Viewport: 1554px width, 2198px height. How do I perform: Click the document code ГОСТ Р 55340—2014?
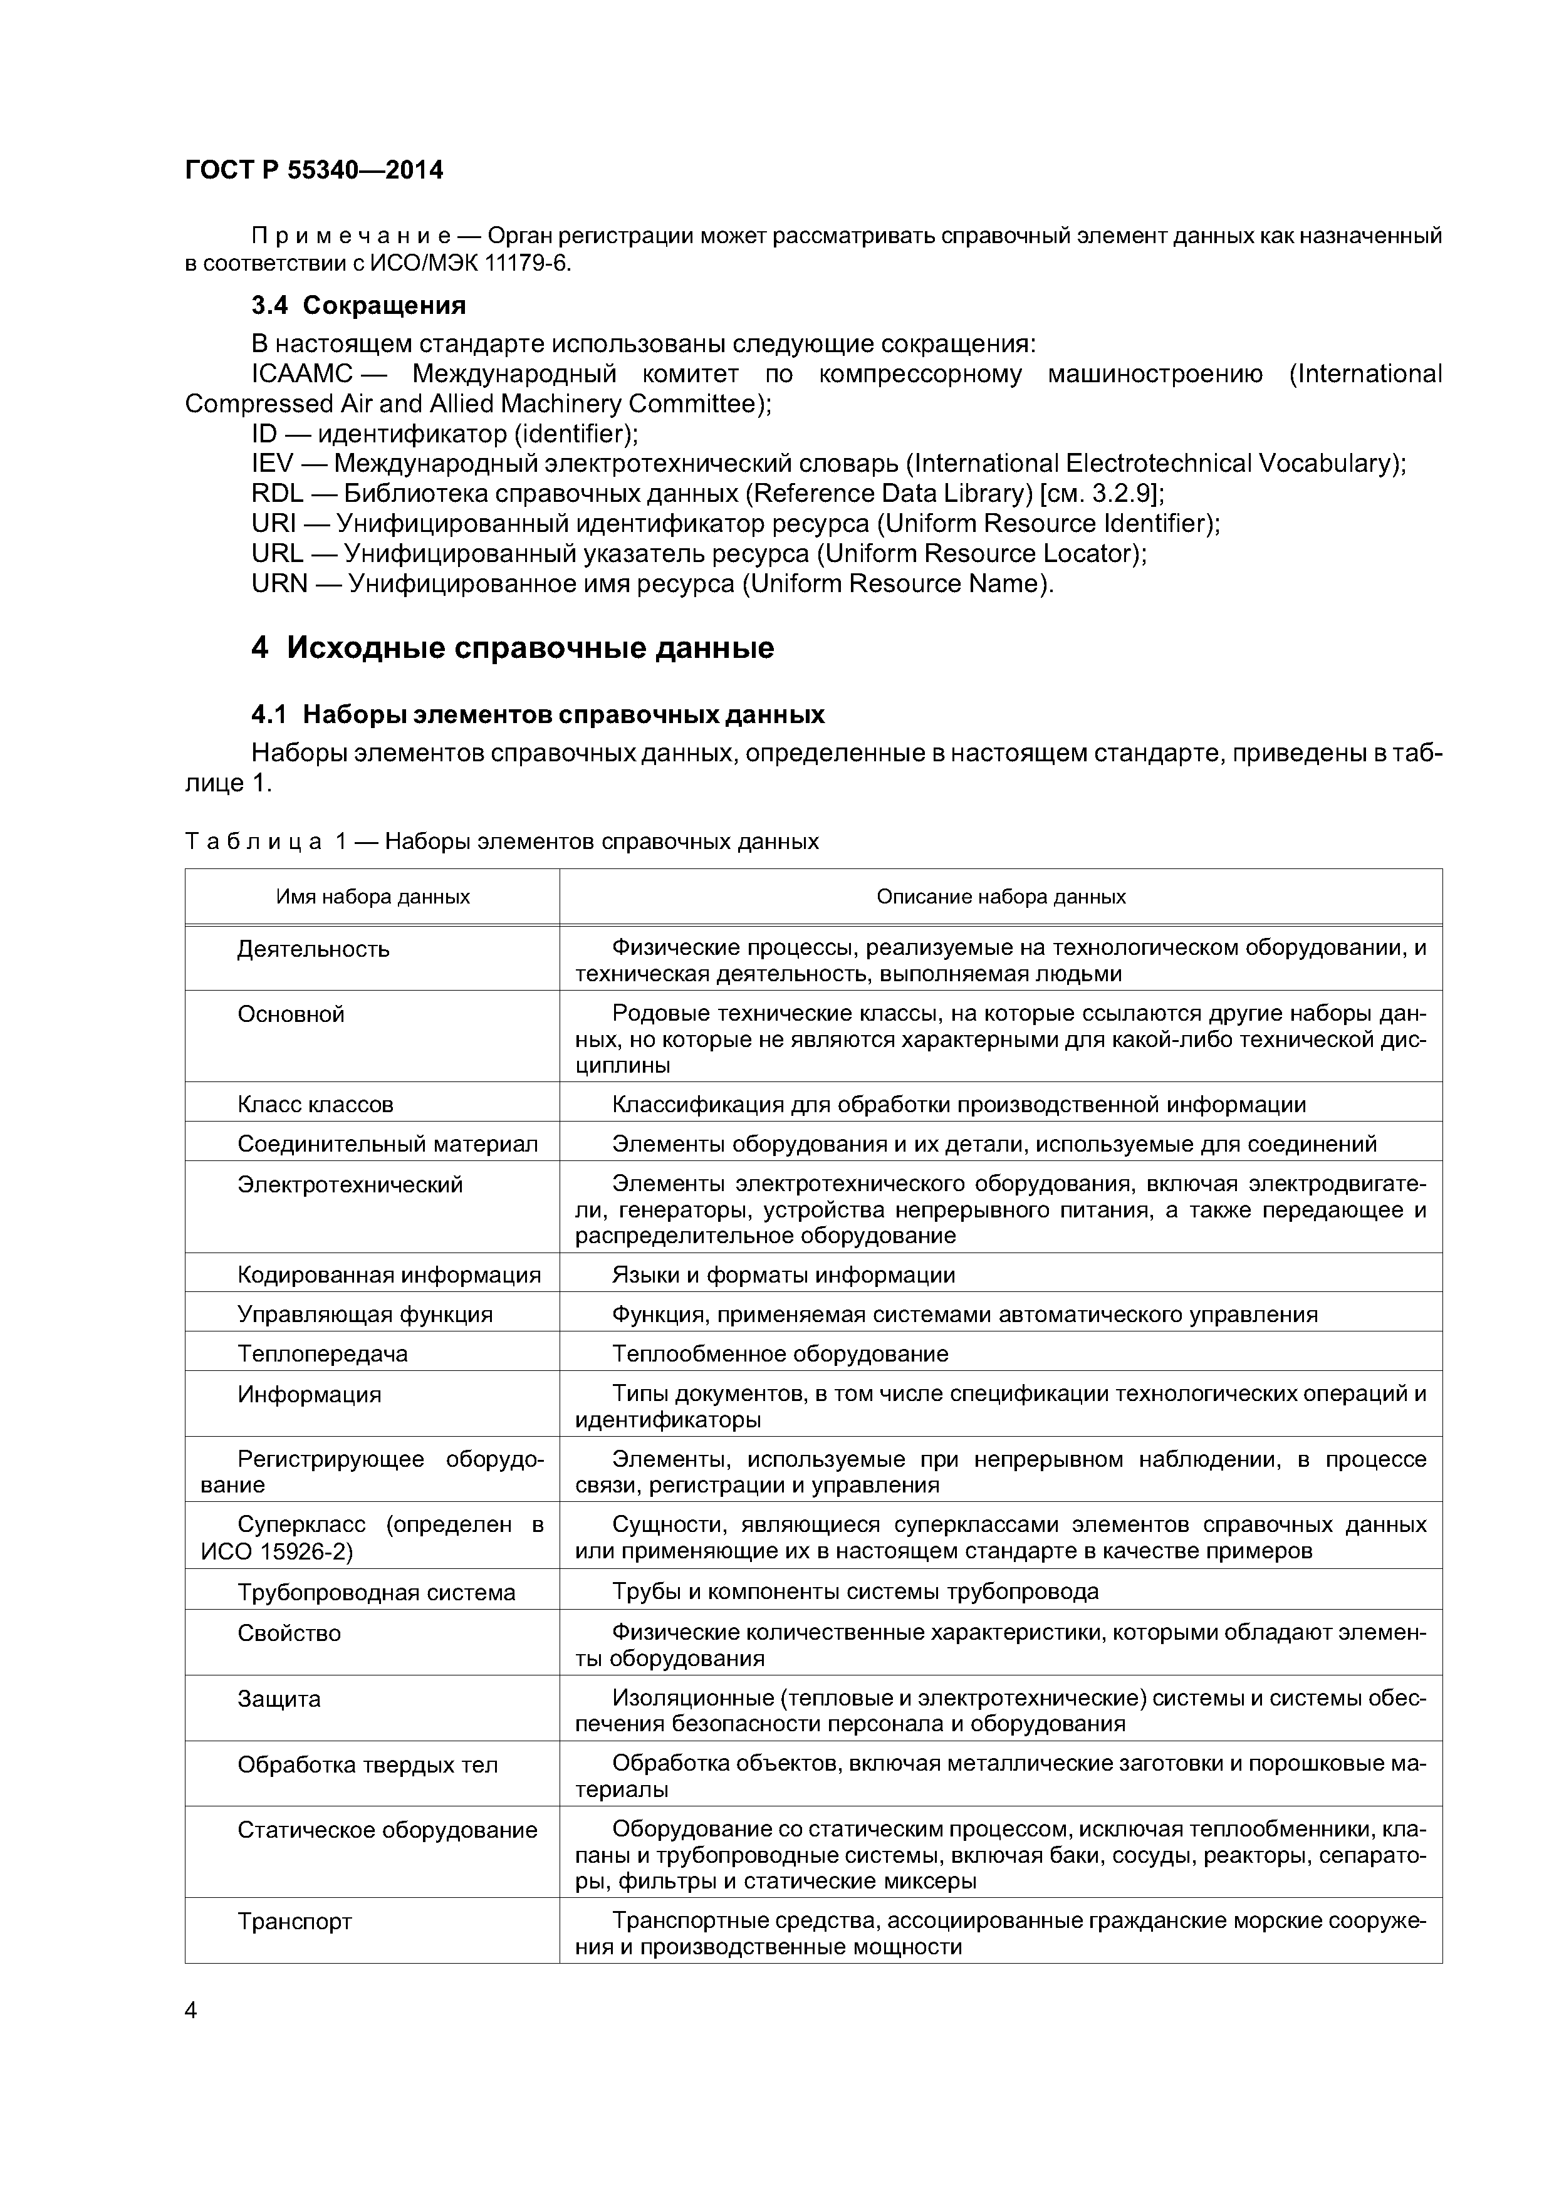pyautogui.click(x=314, y=170)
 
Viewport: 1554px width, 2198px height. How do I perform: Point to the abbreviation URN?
pyautogui.click(x=279, y=584)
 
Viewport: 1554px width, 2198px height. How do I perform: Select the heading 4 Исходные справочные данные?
pyautogui.click(x=512, y=648)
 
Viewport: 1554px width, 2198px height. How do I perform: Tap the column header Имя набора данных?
pyautogui.click(x=372, y=897)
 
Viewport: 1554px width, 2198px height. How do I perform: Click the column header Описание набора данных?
pyautogui.click(x=1001, y=897)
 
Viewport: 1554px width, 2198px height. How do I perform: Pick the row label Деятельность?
pyautogui.click(x=313, y=950)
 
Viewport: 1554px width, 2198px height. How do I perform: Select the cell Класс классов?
pyautogui.click(x=315, y=1105)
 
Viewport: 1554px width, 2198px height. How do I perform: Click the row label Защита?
pyautogui.click(x=279, y=1699)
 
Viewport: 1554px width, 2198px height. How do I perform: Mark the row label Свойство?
pyautogui.click(x=288, y=1633)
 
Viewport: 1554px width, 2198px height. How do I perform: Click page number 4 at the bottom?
pyautogui.click(x=190, y=2011)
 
